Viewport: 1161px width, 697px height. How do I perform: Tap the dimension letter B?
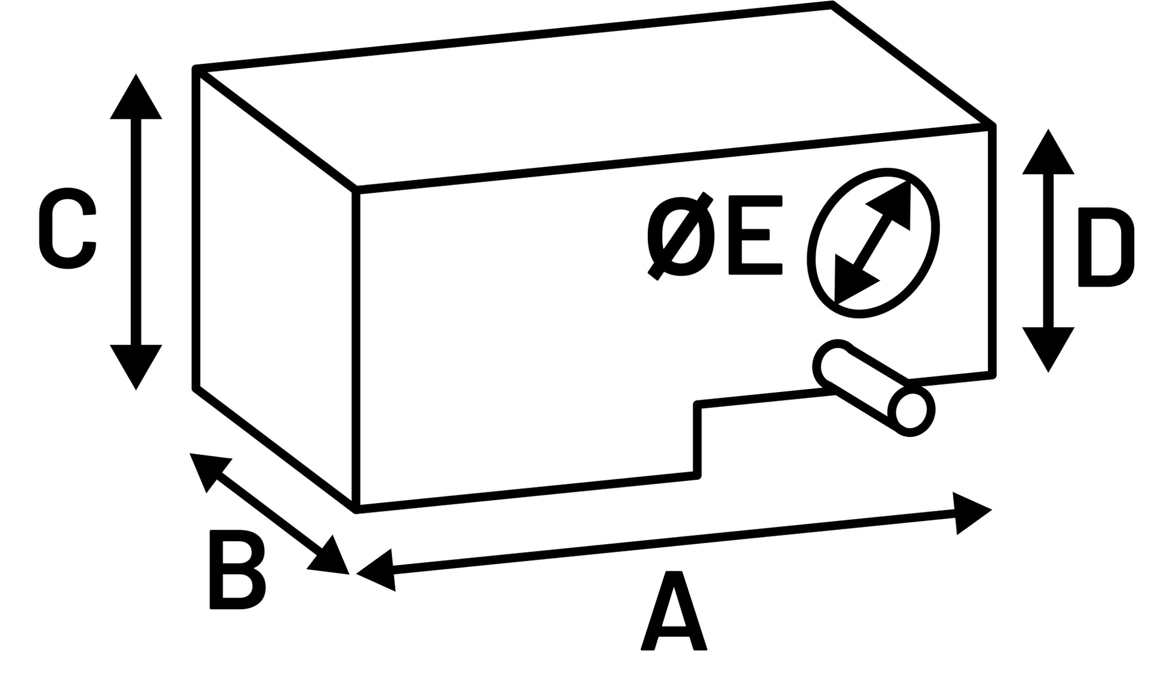tap(237, 569)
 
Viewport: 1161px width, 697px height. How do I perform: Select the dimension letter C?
tap(67, 228)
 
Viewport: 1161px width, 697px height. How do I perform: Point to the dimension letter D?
tap(1106, 247)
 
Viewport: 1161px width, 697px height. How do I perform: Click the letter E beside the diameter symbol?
tap(755, 235)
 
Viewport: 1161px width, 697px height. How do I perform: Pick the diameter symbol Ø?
tap(681, 236)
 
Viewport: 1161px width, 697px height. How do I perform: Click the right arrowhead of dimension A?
tap(969, 513)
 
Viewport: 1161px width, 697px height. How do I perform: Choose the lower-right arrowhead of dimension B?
tap(331, 558)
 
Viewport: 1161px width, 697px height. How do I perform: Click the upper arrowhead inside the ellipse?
tap(893, 203)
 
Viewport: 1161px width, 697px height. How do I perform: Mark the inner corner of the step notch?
tap(697, 405)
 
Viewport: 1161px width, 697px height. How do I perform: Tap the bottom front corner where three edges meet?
tap(356, 510)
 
